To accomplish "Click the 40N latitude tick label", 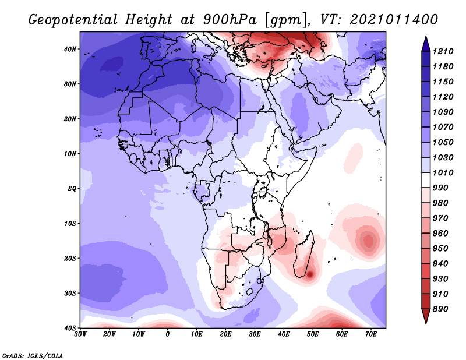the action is (70, 49).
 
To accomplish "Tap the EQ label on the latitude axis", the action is (72, 189).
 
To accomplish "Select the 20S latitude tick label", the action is (70, 258).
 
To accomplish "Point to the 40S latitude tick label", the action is (70, 328).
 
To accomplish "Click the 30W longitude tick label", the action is (80, 334).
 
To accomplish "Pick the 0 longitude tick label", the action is (168, 334).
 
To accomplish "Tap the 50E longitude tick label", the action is (313, 334).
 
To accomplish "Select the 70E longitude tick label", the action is (371, 334).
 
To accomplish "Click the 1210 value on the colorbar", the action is (443, 51).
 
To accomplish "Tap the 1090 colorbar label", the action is (443, 112).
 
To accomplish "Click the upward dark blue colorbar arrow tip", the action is (426, 37).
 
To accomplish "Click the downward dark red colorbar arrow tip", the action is (426, 323).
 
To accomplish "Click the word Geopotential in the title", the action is (73, 20).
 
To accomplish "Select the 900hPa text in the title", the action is (230, 20).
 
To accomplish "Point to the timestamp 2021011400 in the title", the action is (394, 20).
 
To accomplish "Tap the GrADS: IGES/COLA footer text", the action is (33, 356).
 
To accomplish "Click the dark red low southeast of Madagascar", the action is (310, 274).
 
